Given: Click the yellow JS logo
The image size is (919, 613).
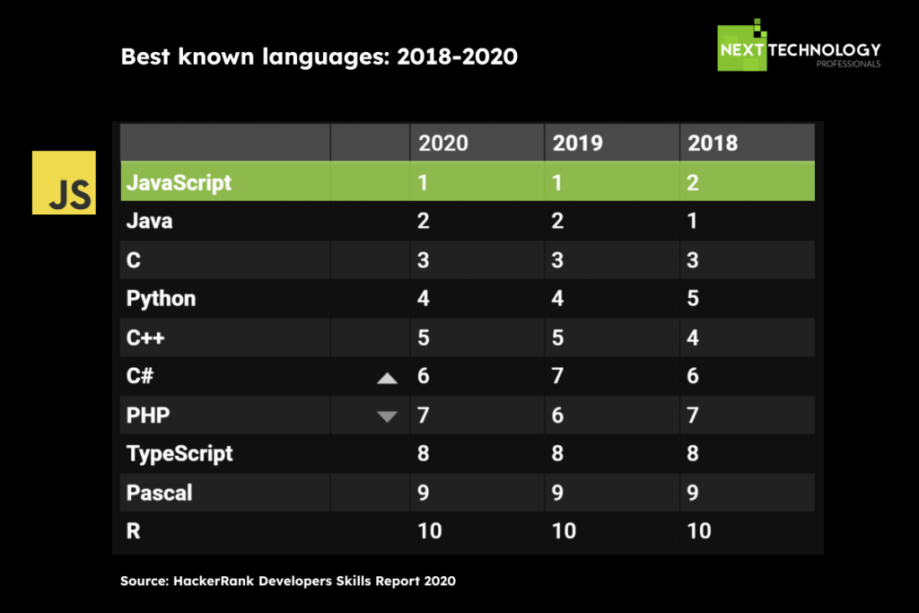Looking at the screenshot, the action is tap(64, 182).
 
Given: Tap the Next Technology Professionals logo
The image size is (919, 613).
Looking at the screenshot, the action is tap(799, 45).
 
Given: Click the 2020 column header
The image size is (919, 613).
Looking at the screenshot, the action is tap(443, 143).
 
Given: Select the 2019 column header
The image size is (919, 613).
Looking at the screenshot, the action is tap(577, 143).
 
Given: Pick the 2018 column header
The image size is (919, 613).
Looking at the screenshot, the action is tap(712, 143).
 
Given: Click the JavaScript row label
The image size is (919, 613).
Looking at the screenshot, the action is tap(179, 183).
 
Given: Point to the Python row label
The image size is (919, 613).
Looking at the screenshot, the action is tap(161, 299).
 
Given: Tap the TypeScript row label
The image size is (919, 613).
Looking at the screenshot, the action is tap(179, 454).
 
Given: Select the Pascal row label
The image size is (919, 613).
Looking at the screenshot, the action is tap(159, 493).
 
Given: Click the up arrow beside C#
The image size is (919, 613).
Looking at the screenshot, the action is tap(387, 379).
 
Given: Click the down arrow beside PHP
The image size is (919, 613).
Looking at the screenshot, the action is tap(387, 416).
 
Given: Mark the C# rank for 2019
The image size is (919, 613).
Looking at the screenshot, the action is tap(557, 376).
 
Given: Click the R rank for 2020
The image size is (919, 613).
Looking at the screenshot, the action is tap(430, 531).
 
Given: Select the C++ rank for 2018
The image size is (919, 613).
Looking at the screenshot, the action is tap(692, 337).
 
